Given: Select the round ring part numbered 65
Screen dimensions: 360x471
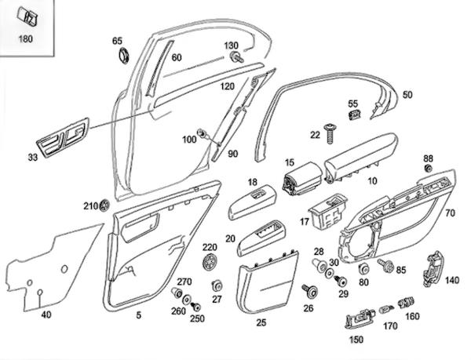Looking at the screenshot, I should pos(122,56).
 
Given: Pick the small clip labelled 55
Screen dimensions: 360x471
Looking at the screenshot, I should pos(354,116).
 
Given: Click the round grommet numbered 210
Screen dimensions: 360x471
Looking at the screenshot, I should pos(105,206).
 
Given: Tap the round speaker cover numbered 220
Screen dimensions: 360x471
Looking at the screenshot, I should pos(210,261).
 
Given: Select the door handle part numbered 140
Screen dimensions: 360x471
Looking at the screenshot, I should pos(431,268).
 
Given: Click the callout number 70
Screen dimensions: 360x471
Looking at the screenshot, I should pos(450,213).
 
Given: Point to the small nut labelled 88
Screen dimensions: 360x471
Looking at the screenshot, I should pos(428,169).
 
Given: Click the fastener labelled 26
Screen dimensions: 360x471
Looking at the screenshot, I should pos(310,292).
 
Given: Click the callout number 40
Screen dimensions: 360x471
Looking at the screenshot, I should pos(46,315).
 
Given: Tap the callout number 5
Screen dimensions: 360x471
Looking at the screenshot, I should pos(139,316).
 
